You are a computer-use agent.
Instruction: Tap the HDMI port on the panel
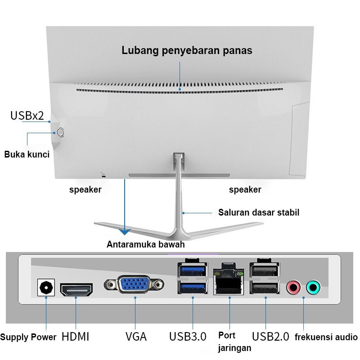[x=76, y=290]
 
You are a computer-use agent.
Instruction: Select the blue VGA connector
[x=134, y=285]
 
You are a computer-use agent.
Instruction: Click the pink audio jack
[x=293, y=286]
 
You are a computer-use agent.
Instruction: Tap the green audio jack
[x=313, y=286]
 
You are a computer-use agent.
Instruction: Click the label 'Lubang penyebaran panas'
[x=187, y=50]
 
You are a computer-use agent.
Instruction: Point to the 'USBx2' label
[x=27, y=116]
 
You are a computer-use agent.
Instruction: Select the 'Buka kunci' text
[x=27, y=154]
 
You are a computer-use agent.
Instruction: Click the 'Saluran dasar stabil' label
[x=259, y=212]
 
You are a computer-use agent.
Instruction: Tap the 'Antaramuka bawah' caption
[x=146, y=245]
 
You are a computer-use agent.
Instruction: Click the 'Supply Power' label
[x=28, y=337]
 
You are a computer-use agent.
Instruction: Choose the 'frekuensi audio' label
[x=326, y=337]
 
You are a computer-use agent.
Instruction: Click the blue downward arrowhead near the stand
[x=125, y=231]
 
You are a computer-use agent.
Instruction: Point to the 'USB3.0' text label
[x=188, y=337]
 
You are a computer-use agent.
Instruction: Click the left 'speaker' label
[x=85, y=189]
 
